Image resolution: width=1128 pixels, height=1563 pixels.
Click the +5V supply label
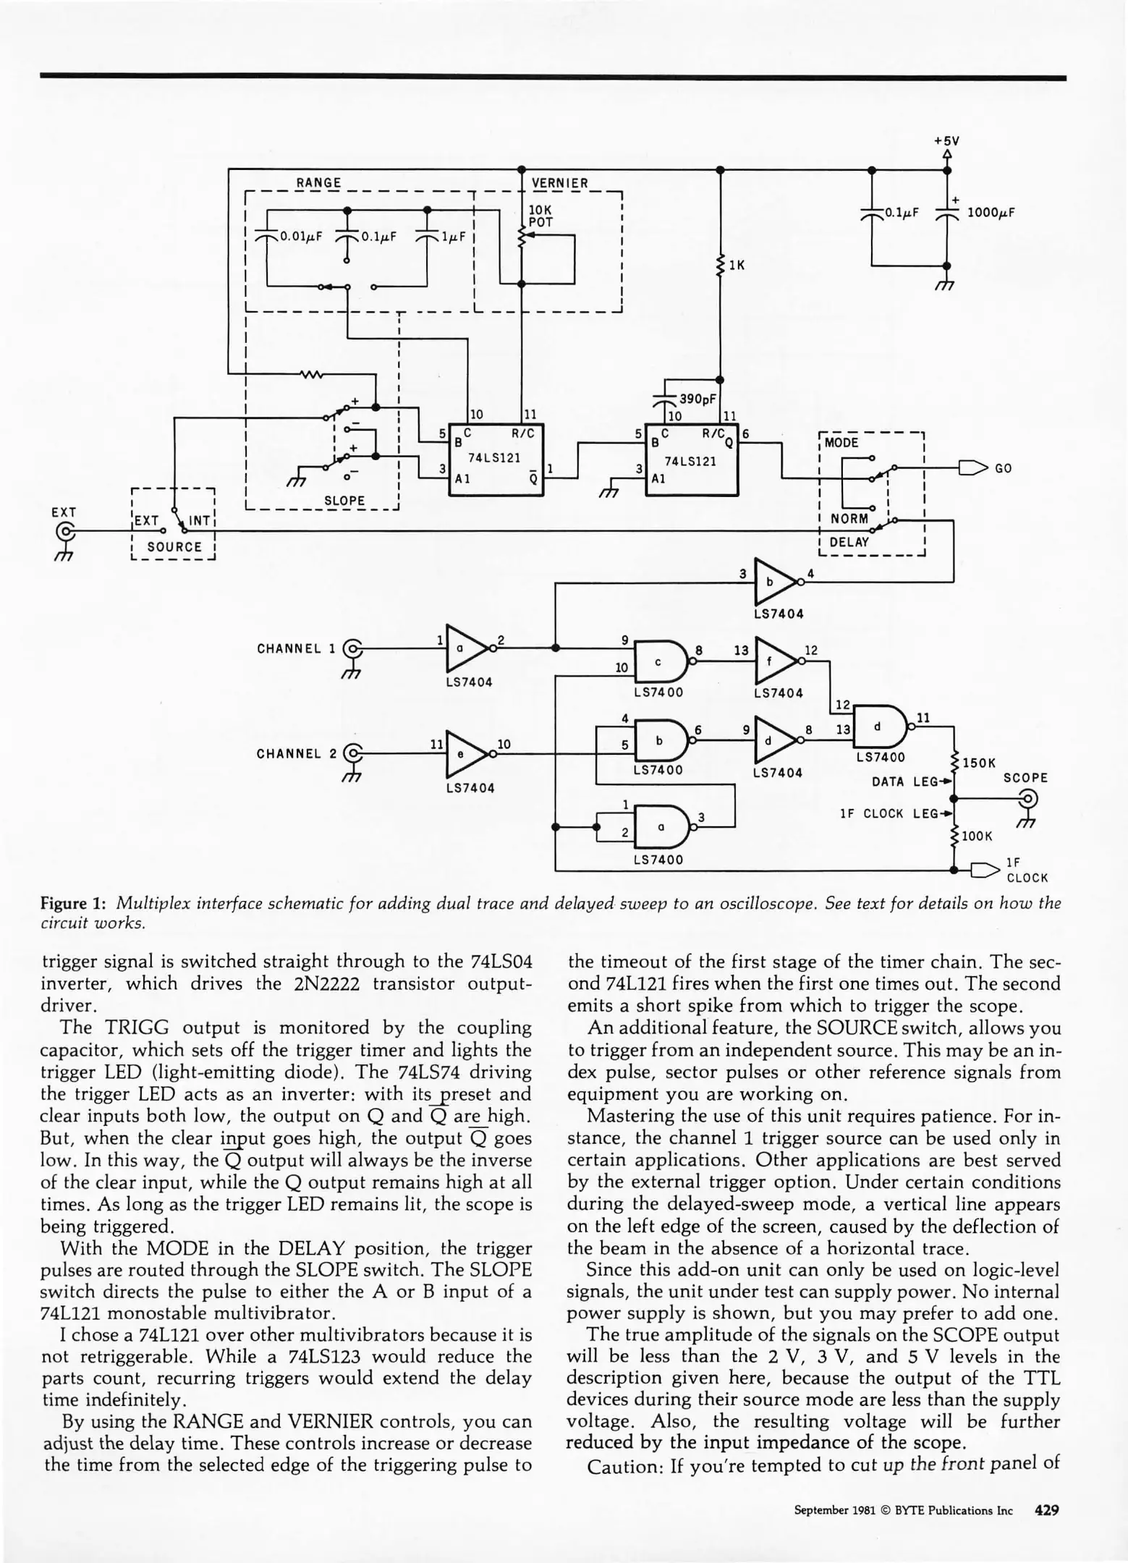(x=946, y=141)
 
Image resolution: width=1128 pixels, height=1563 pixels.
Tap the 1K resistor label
(x=737, y=266)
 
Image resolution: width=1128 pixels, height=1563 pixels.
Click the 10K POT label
(x=540, y=216)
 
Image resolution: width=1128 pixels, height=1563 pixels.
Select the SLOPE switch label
(x=344, y=501)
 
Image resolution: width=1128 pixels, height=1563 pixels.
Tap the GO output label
(x=1003, y=468)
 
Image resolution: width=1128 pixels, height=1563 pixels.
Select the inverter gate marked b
(x=773, y=581)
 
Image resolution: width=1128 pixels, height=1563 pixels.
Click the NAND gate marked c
(x=659, y=661)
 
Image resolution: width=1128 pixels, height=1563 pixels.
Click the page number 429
(x=1047, y=1510)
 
